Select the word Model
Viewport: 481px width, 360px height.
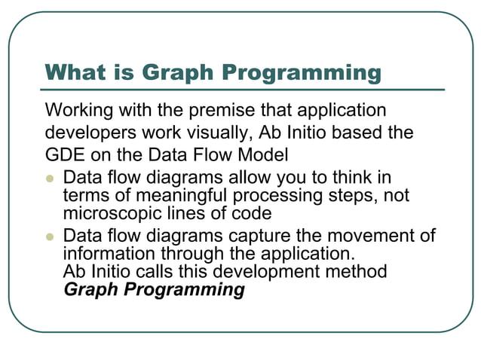tap(266, 156)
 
